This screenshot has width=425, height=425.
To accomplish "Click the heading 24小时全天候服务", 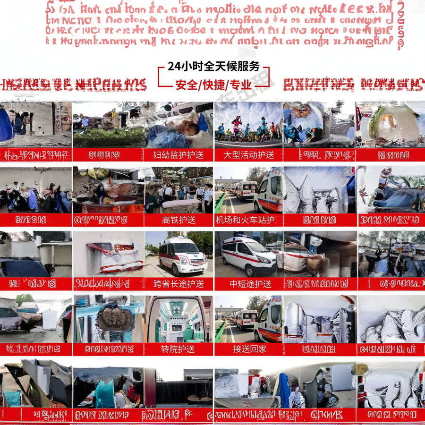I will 213,66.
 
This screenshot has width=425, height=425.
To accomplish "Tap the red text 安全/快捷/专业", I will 213,85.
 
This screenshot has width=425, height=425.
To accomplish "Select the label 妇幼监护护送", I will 178,155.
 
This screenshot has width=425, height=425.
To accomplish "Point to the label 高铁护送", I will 178,220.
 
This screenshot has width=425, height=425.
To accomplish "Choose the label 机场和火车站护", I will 249,220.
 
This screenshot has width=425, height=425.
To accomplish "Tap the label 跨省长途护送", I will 178,284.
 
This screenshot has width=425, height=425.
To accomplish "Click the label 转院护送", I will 178,349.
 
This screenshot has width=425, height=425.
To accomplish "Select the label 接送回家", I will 250,349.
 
